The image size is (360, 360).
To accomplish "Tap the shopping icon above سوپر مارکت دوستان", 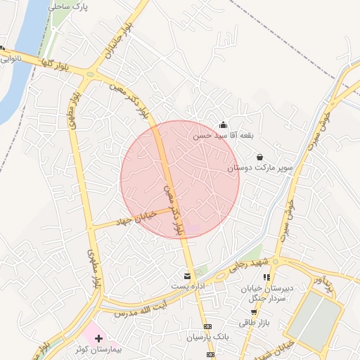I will click(x=260, y=157).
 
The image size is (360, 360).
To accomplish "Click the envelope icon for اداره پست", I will click(x=187, y=276).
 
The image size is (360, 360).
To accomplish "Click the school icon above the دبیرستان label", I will click(x=266, y=277).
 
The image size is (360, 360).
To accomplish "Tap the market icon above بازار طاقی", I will click(x=253, y=311).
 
